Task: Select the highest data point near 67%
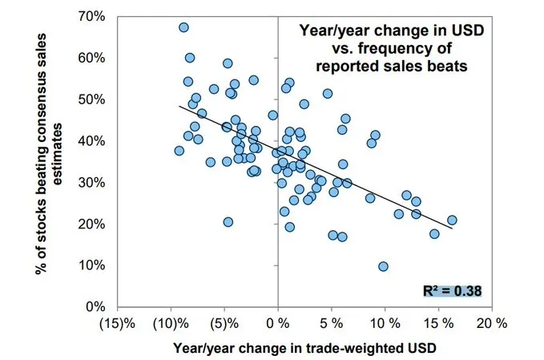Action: pos(183,27)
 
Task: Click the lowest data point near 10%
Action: pos(383,266)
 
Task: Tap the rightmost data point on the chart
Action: pos(452,220)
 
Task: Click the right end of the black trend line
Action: pos(453,229)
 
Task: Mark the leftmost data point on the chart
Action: pos(179,151)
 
